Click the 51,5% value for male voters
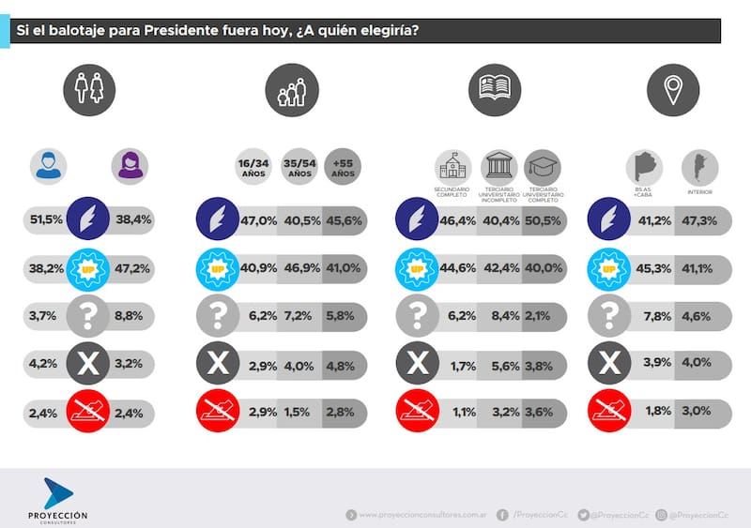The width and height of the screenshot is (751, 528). click(46, 219)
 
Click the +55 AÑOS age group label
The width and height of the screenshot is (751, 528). click(342, 169)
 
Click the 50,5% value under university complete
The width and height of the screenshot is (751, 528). click(543, 219)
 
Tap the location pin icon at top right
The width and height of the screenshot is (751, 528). click(672, 90)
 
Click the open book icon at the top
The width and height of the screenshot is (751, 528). click(494, 90)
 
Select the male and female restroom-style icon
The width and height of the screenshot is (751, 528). click(89, 90)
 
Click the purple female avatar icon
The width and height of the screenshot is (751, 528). click(129, 165)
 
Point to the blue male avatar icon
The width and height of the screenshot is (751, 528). click(47, 165)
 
